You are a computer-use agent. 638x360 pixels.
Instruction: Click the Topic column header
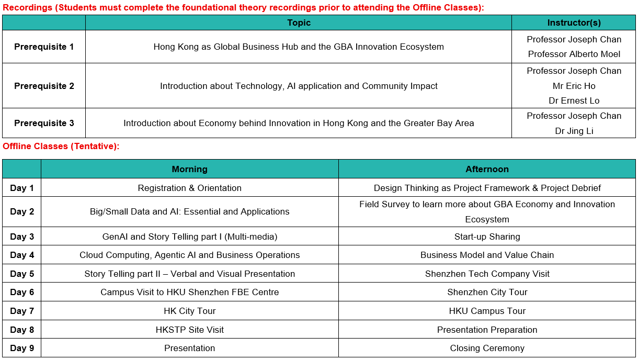[299, 23]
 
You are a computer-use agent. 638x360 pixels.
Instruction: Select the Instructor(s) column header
[574, 23]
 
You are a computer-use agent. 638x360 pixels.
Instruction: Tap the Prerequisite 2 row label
[44, 86]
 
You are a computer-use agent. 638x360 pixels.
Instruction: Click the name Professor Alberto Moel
[574, 54]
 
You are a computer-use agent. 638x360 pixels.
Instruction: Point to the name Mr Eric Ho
[574, 86]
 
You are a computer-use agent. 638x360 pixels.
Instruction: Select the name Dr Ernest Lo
[574, 100]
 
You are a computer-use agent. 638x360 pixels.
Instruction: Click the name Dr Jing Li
[574, 131]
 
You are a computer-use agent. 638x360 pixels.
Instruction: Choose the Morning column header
[190, 169]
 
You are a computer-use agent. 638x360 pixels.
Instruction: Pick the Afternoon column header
[487, 169]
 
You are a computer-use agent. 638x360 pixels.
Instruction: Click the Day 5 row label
[22, 274]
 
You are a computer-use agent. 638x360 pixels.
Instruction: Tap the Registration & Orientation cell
[190, 188]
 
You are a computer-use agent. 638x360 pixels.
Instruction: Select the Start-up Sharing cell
[487, 237]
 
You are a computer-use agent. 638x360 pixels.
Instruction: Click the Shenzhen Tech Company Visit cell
[487, 274]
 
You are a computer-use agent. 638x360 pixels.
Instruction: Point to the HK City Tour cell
[190, 311]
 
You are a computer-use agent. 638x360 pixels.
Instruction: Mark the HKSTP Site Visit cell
[190, 330]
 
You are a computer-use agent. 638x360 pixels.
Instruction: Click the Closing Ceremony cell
[487, 348]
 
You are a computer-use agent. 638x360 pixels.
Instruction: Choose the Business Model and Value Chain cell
[487, 255]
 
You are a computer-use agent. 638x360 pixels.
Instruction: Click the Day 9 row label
[22, 348]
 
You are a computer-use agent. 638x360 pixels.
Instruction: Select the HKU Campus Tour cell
[487, 311]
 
